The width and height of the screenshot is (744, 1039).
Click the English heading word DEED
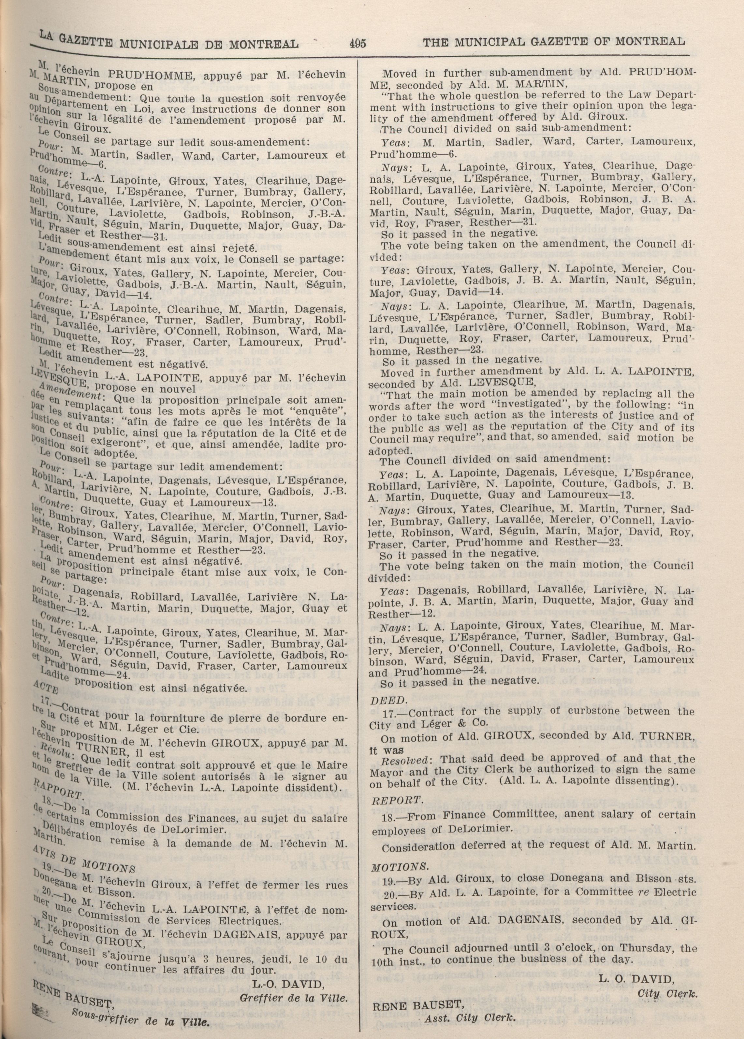pyautogui.click(x=382, y=700)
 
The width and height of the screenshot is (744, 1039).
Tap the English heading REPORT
pyautogui.click(x=396, y=801)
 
